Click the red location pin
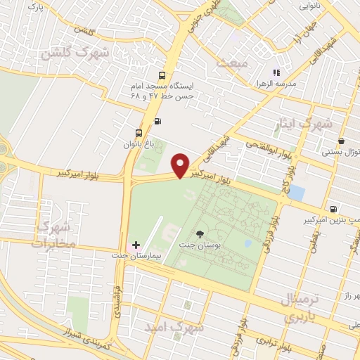point(181,165)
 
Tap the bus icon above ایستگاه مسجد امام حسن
point(163,76)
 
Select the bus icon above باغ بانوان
point(139,132)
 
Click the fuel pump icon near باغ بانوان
point(157,121)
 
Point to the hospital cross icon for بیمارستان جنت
point(136,245)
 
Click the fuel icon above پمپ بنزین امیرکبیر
point(333,209)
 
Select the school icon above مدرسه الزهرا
point(277,72)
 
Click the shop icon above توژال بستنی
point(341,141)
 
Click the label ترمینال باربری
point(305,307)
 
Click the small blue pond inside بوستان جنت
point(247,243)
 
